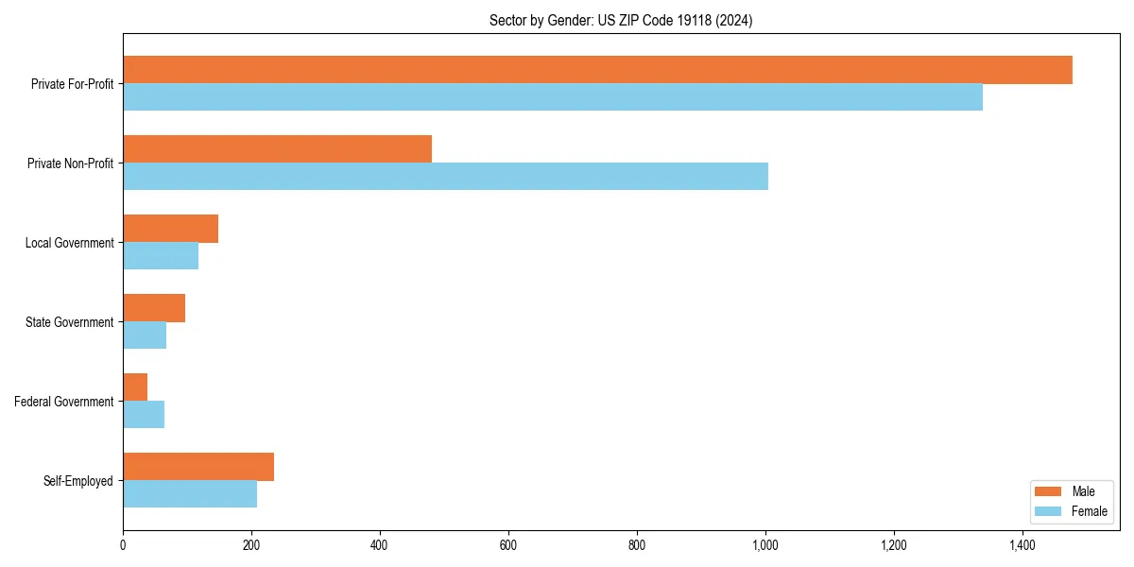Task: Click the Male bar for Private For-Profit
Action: [597, 70]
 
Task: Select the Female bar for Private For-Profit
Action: [553, 97]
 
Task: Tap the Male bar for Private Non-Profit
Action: [277, 149]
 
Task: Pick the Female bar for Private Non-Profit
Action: [445, 177]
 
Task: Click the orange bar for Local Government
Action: [170, 229]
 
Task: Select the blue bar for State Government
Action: [145, 335]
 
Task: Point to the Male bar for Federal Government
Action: [135, 387]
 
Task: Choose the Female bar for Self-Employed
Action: [190, 494]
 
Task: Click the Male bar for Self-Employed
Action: [198, 467]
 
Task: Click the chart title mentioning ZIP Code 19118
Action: [621, 21]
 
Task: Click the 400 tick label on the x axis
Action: [380, 545]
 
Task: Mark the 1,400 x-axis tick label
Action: [1022, 545]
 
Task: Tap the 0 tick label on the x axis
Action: [123, 545]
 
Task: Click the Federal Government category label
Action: [64, 402]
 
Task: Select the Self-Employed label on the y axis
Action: [78, 481]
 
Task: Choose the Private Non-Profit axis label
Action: [70, 163]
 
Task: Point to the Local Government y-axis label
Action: [69, 243]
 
